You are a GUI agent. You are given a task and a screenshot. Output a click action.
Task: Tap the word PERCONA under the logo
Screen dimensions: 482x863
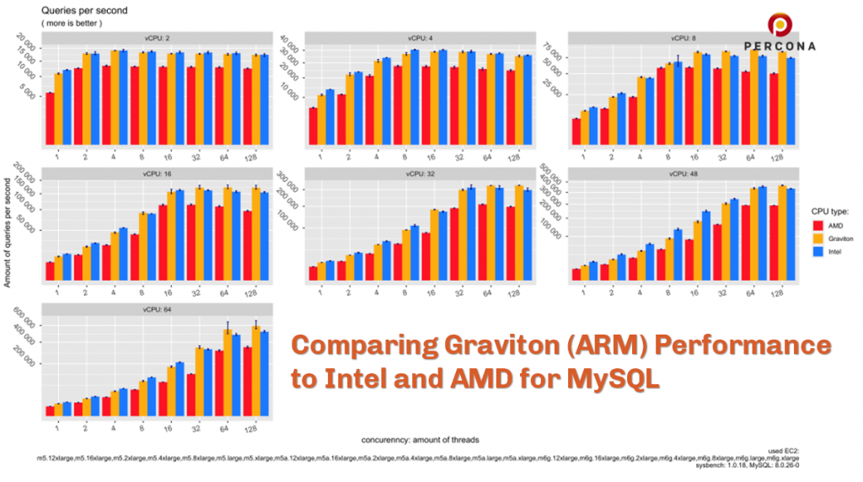[x=780, y=46]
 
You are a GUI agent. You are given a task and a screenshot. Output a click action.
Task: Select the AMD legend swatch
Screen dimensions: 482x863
[x=817, y=225]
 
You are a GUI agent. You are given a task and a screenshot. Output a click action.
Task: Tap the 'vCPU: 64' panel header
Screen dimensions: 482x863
[x=156, y=308]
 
